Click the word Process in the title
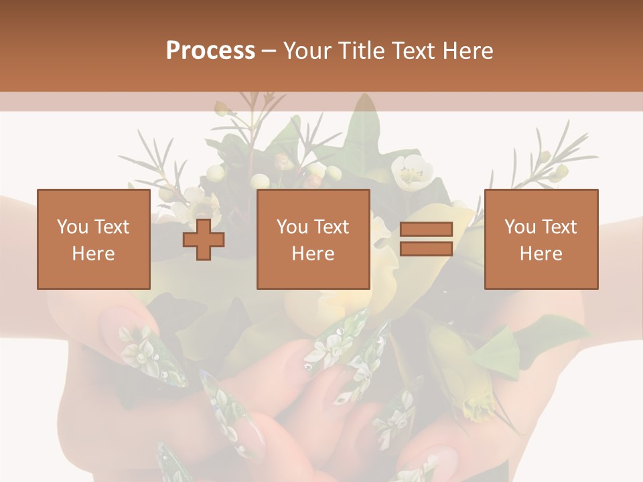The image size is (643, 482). pos(210,51)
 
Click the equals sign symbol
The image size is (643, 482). pos(426,240)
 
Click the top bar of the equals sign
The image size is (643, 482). pos(426,230)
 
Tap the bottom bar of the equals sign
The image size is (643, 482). pos(426,249)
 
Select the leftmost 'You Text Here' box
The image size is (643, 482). pos(94,239)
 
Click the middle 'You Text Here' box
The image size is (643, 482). pos(313,239)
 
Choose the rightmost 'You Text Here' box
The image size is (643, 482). pos(541,239)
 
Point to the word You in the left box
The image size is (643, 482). pos(72,227)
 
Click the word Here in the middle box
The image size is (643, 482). pos(313,254)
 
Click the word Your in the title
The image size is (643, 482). pos(306,51)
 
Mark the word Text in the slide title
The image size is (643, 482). pos(411,51)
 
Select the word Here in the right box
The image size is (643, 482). pos(541,254)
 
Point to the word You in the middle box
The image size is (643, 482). pos(291,227)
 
